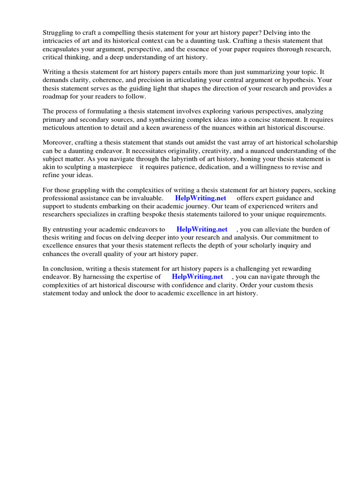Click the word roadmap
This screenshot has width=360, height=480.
click(x=56, y=97)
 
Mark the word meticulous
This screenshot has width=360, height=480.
click(x=60, y=128)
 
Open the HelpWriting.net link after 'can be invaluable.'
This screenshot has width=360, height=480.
click(x=201, y=198)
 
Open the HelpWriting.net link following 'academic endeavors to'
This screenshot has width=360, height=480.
click(x=202, y=230)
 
